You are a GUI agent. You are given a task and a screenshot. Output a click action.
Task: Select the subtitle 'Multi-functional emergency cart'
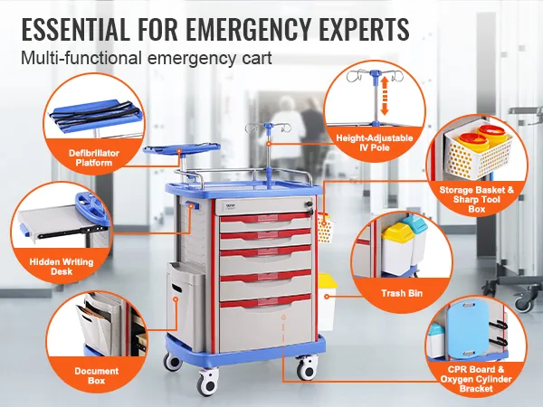click(x=146, y=58)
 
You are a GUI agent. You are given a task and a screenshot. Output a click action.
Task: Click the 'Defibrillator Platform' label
click(x=93, y=157)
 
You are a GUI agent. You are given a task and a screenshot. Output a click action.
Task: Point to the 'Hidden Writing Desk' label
click(x=62, y=267)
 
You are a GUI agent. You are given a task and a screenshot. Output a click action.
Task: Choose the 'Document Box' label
click(x=96, y=376)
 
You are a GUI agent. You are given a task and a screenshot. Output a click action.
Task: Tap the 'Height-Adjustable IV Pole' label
click(x=375, y=143)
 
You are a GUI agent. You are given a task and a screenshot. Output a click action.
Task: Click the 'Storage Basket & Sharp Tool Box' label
click(x=477, y=199)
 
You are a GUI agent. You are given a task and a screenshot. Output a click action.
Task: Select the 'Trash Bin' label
click(x=402, y=293)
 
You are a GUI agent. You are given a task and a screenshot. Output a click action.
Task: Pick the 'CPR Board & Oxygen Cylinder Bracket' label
click(x=476, y=379)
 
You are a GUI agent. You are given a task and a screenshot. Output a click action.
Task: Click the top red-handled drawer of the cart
click(x=265, y=222)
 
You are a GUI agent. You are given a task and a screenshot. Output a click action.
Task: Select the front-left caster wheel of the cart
click(x=208, y=382)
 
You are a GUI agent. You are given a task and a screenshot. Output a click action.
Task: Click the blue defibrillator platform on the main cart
click(x=182, y=150)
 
